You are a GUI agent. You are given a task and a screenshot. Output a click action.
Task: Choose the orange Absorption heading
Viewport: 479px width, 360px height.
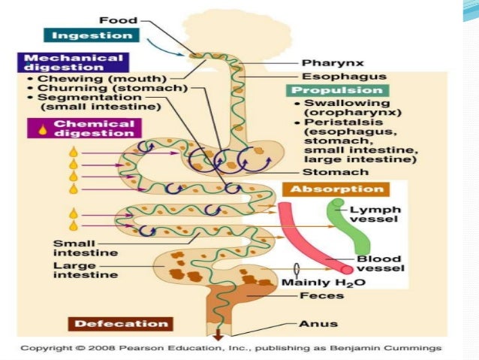click(333, 189)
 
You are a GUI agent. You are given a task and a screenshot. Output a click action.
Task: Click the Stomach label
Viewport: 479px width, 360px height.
click(325, 172)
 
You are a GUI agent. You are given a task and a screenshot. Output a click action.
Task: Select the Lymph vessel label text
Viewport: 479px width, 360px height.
click(380, 215)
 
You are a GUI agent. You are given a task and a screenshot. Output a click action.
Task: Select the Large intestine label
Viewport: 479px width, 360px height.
click(85, 270)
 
